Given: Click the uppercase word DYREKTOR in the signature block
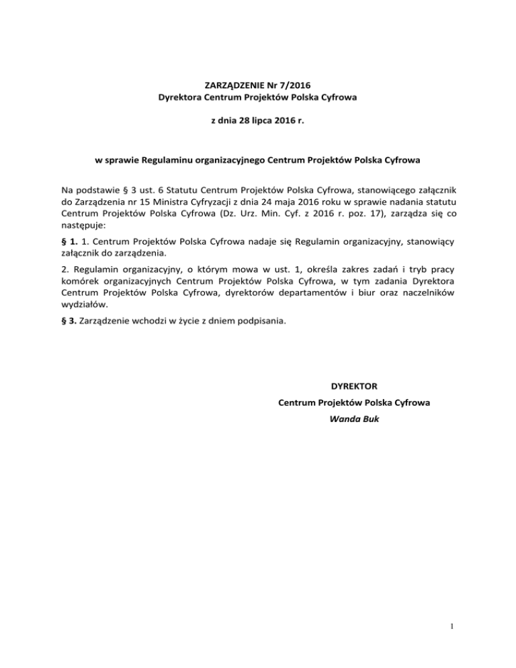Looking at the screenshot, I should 354,386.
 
